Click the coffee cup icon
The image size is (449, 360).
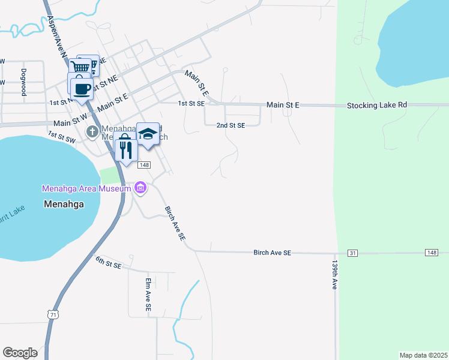[82, 89]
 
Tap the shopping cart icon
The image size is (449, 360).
[80, 67]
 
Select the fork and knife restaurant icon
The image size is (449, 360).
[125, 149]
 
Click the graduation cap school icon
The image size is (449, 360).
[148, 134]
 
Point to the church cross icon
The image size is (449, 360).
[92, 131]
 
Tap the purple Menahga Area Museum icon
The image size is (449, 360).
[140, 188]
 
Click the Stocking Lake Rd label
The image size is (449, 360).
[377, 105]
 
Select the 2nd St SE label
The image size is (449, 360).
[231, 125]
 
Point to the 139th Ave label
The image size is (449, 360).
[334, 275]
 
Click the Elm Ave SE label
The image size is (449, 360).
[148, 294]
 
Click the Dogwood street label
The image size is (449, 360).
[24, 82]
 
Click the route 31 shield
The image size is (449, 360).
[352, 253]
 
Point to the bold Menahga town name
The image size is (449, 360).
[64, 204]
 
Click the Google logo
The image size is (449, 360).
[20, 352]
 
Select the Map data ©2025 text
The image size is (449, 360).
[423, 355]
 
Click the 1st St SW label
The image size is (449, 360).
[62, 137]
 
